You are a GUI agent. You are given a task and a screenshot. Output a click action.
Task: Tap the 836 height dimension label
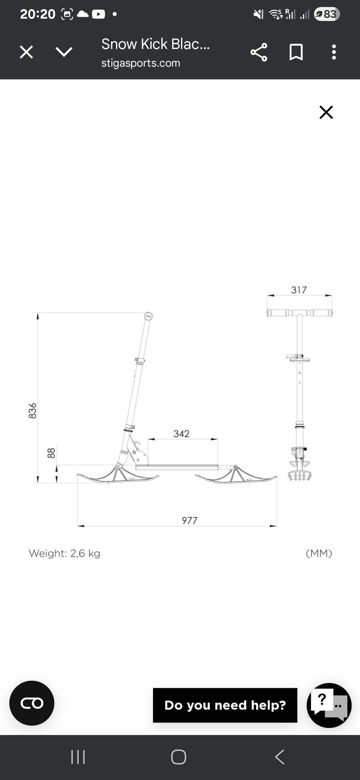pyautogui.click(x=33, y=411)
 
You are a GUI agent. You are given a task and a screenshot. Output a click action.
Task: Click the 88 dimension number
pyautogui.click(x=51, y=453)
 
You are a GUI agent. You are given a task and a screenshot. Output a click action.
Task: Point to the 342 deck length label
pyautogui.click(x=181, y=434)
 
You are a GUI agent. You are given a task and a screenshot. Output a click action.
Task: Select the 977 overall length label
pyautogui.click(x=189, y=520)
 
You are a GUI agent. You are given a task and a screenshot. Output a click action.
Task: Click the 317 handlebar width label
pyautogui.click(x=299, y=290)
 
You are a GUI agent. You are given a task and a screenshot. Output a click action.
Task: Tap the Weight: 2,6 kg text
pyautogui.click(x=64, y=553)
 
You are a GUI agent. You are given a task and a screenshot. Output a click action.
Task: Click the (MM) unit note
pyautogui.click(x=319, y=553)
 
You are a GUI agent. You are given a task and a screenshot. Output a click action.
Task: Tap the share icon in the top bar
pyautogui.click(x=259, y=52)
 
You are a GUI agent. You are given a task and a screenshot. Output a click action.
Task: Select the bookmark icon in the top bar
pyautogui.click(x=296, y=52)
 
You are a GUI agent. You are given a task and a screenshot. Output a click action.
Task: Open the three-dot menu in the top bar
pyautogui.click(x=334, y=52)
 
